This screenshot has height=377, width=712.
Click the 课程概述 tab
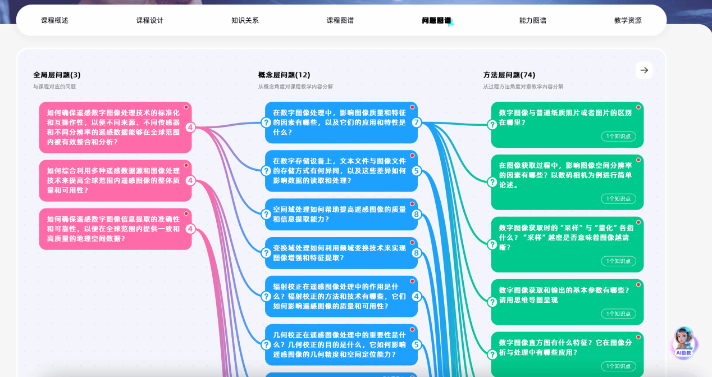pyautogui.click(x=54, y=20)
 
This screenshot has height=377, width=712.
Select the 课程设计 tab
pyautogui.click(x=149, y=20)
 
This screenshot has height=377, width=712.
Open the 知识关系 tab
pyautogui.click(x=245, y=20)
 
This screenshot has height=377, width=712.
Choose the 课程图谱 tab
pyautogui.click(x=340, y=20)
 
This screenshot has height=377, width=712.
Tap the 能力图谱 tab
pyautogui.click(x=532, y=20)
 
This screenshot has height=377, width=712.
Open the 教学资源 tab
pyautogui.click(x=628, y=20)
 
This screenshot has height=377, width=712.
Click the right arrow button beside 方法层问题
pyautogui.click(x=644, y=70)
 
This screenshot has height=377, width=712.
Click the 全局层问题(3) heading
pyautogui.click(x=57, y=75)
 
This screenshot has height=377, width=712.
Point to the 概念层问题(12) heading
pyautogui.click(x=284, y=75)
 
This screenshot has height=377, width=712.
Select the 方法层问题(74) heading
pyautogui.click(x=509, y=75)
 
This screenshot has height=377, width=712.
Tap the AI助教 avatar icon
pyautogui.click(x=684, y=342)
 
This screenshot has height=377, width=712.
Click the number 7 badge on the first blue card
pyautogui.click(x=417, y=122)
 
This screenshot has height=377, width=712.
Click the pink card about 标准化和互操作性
pyautogui.click(x=115, y=128)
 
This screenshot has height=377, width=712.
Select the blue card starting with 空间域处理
pyautogui.click(x=341, y=214)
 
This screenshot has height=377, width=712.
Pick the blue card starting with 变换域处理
pyautogui.click(x=341, y=253)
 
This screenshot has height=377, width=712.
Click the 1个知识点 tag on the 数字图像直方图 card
pyautogui.click(x=618, y=366)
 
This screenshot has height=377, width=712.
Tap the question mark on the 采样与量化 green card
pyautogui.click(x=492, y=244)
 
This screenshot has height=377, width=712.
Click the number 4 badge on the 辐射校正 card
pyautogui.click(x=417, y=296)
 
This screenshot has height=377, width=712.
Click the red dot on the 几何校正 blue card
pyautogui.click(x=412, y=329)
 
